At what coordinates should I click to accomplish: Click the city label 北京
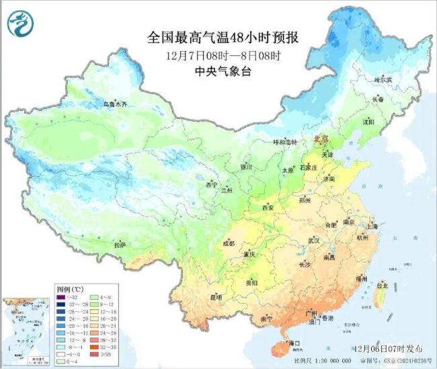321,138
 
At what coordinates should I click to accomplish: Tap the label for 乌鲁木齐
114,104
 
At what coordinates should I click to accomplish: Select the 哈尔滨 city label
382,79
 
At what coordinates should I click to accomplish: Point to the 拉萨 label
119,245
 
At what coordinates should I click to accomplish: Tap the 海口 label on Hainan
294,343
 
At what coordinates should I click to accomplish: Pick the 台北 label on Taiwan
381,286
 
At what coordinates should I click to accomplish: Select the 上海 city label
374,228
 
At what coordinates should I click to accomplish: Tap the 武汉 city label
313,240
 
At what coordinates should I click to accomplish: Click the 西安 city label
267,208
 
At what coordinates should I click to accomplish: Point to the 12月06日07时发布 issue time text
389,349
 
